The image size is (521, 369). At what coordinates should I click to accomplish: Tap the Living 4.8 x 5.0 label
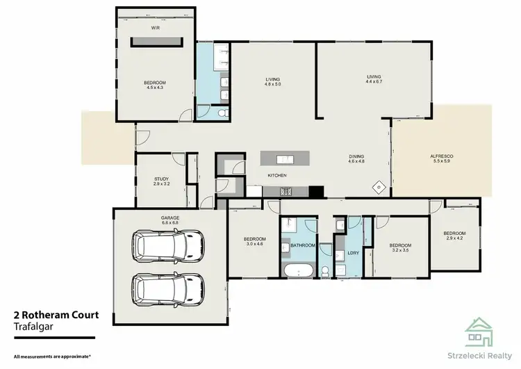pyautogui.click(x=272, y=83)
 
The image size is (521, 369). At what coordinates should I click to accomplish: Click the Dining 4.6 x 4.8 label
pyautogui.click(x=356, y=158)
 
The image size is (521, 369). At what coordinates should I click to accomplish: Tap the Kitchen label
pyautogui.click(x=277, y=175)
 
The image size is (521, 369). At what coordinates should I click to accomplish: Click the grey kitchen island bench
pyautogui.click(x=285, y=159)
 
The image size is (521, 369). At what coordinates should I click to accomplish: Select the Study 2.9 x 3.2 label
pyautogui.click(x=161, y=181)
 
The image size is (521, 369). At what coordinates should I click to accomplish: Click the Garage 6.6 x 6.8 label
pyautogui.click(x=170, y=220)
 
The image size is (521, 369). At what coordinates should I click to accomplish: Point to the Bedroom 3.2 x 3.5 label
pyautogui.click(x=399, y=247)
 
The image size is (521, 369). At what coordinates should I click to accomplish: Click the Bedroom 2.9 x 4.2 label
pyautogui.click(x=454, y=236)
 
